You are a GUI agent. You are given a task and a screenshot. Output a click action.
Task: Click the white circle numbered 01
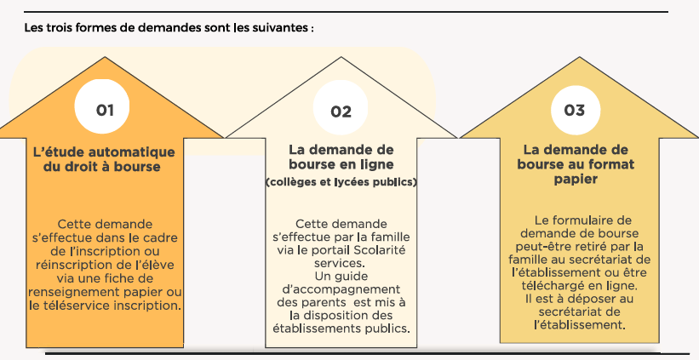102,106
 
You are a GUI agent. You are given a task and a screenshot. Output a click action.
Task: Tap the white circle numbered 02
341,108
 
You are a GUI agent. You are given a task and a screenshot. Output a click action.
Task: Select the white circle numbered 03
576,110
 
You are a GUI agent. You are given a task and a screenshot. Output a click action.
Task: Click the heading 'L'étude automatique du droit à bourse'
104,159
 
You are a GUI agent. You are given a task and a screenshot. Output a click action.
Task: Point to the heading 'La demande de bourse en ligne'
341,157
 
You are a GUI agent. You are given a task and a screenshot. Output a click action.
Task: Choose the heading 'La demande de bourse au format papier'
576,164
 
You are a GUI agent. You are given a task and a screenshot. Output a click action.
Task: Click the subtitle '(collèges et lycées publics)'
341,182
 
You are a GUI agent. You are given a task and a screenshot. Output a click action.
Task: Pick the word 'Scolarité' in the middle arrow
381,250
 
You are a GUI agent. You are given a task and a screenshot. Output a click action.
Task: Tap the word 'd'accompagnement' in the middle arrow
341,290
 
